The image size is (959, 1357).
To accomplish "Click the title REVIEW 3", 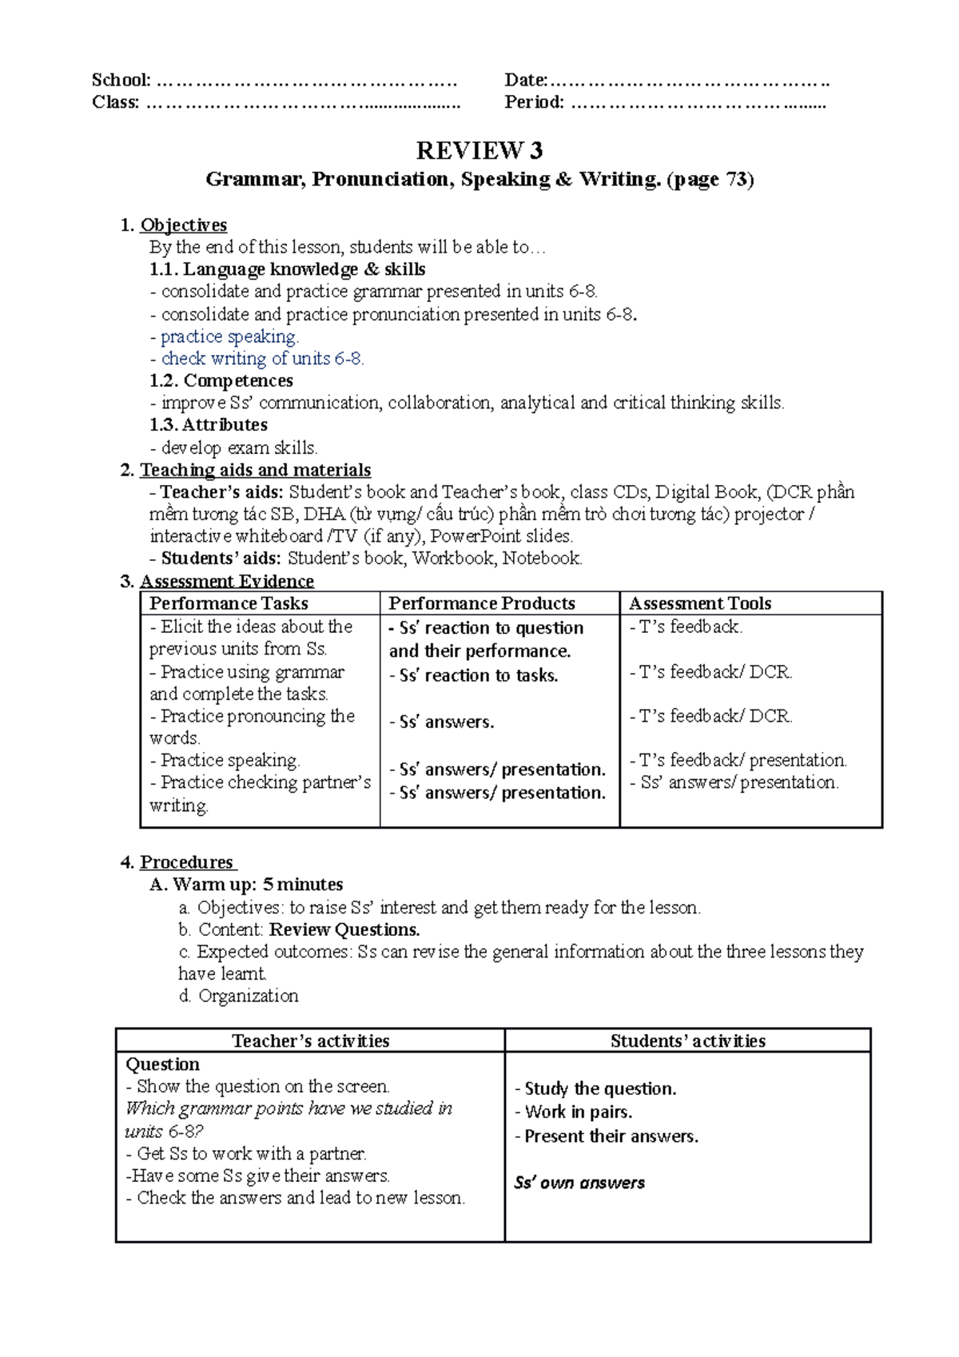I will coord(479,150).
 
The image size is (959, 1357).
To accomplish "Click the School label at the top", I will coord(121,80).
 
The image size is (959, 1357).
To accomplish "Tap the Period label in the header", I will coord(534,102).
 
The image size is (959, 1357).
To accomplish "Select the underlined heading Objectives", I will coord(183,225).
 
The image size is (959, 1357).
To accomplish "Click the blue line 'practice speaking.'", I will coord(229,336).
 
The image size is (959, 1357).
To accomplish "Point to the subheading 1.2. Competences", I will coord(221,380).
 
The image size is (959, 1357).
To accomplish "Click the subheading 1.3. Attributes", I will coord(208,425).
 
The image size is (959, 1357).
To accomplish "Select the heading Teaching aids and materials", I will coord(255,470).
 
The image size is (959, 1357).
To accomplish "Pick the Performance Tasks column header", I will coord(229,603).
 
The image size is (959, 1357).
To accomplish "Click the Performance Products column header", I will coord(481,603).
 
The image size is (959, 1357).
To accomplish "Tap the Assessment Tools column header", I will coord(699,603).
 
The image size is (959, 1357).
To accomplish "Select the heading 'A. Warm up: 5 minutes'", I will coord(246,885).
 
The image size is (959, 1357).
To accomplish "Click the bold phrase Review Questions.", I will coord(344,929).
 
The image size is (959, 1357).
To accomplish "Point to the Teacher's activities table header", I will coord(310,1041).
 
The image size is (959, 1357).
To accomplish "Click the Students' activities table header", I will coord(687,1041).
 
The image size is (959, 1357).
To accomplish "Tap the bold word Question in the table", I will coord(162,1065).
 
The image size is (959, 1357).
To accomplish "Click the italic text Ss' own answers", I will coord(579,1183).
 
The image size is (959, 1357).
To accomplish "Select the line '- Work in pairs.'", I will coord(573,1112).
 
